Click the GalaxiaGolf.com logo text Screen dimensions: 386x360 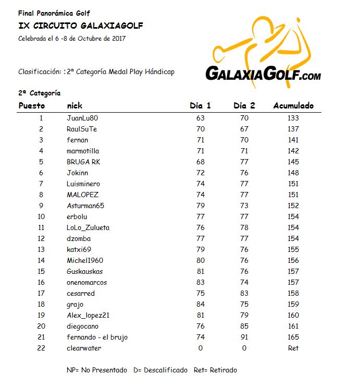click(263, 75)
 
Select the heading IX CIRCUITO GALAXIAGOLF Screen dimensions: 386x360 click(81, 26)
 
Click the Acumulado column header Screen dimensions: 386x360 click(293, 106)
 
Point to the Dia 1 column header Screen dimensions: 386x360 click(200, 106)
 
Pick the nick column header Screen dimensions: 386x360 click(75, 106)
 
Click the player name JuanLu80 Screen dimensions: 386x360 click(82, 118)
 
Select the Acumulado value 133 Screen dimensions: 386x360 click(293, 118)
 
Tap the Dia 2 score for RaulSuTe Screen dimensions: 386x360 click(244, 129)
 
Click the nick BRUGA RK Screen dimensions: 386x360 click(83, 162)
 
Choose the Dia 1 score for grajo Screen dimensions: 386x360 click(200, 304)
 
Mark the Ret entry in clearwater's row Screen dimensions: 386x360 click(293, 348)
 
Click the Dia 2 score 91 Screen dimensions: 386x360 click(244, 337)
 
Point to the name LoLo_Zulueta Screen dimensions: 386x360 click(88, 227)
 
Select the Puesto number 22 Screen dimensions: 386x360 click(41, 348)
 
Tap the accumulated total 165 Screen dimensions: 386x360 click(293, 337)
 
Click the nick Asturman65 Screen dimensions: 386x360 click(85, 206)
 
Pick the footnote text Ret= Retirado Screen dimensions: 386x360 click(215, 370)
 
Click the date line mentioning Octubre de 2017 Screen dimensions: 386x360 click(72, 38)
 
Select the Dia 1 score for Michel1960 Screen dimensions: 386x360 click(200, 260)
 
